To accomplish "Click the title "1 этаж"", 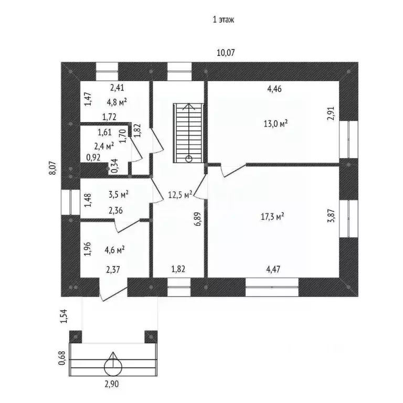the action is point(224,20).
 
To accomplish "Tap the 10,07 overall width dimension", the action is point(226,52).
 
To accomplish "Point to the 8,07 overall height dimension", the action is point(52,168).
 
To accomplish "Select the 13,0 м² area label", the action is point(275,124).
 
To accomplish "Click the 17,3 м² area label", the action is point(272,217).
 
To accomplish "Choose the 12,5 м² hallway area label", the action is point(180,195).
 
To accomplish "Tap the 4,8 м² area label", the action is point(117,102).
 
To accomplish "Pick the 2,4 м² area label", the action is point(104,146).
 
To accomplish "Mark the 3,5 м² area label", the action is point(119,194).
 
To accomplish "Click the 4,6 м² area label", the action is point(115,250).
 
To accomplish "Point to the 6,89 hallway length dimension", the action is point(198,219).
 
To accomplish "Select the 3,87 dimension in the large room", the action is point(332,215).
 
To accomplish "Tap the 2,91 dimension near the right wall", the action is point(331,113).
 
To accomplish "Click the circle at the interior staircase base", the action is point(188,159).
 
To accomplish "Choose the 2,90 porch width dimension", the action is point(112,384).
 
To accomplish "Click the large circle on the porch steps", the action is point(113,367).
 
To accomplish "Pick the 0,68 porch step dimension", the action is point(62,358).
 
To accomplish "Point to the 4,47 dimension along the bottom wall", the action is point(273,269).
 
